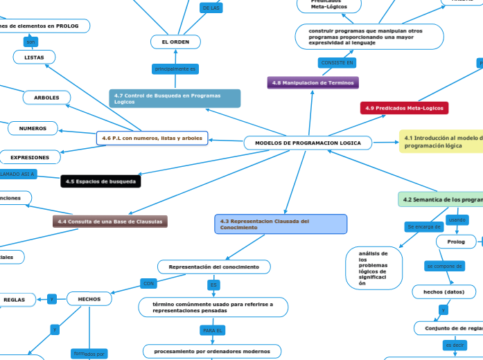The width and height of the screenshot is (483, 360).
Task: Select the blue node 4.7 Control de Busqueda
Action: tap(175, 98)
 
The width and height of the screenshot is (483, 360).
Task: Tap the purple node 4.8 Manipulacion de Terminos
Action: tap(313, 82)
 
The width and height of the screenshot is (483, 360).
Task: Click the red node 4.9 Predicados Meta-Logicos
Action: tap(404, 108)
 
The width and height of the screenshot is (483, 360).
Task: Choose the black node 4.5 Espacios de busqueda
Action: tap(100, 181)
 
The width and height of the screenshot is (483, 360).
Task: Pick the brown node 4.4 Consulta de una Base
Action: tap(110, 222)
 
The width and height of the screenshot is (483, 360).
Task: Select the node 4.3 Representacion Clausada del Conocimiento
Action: tap(281, 224)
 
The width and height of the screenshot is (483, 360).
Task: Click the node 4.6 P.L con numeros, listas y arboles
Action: tap(152, 138)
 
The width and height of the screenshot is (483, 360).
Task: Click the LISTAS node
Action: tap(34, 57)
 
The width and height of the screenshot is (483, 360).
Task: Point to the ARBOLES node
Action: tap(46, 97)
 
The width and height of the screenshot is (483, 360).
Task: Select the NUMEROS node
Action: tap(33, 128)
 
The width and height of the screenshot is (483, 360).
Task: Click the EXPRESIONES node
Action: tap(30, 157)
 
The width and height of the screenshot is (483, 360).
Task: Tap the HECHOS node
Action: tap(89, 299)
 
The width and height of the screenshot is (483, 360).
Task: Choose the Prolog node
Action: tap(457, 242)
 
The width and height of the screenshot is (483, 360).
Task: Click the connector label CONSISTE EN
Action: tap(337, 63)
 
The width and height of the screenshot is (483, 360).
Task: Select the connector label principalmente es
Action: tap(175, 69)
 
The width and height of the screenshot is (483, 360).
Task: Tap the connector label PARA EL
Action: tap(213, 331)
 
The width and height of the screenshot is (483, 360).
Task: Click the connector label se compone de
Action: tap(444, 266)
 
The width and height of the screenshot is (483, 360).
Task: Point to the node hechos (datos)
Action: tap(444, 292)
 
